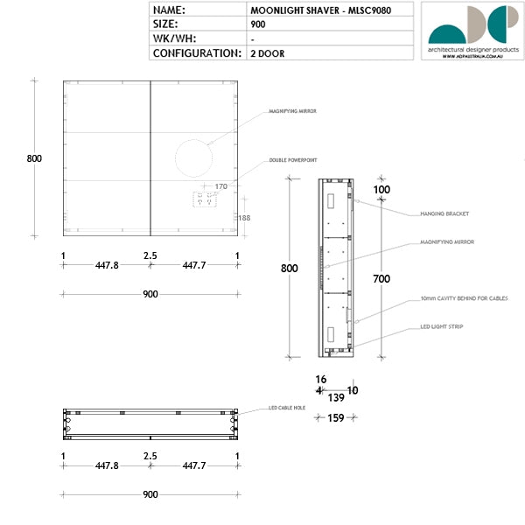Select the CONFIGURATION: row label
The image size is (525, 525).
(197, 52)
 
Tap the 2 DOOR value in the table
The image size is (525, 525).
(267, 52)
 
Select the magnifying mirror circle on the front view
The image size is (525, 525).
(193, 158)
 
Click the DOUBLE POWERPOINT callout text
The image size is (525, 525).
(292, 161)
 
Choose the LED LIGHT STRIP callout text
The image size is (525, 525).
(442, 326)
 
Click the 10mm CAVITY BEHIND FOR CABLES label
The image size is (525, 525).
(464, 298)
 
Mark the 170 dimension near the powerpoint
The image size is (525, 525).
(220, 186)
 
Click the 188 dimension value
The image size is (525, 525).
(244, 218)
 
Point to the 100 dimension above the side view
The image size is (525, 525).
(381, 189)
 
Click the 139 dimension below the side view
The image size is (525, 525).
(336, 397)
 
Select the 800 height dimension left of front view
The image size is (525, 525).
(34, 158)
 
